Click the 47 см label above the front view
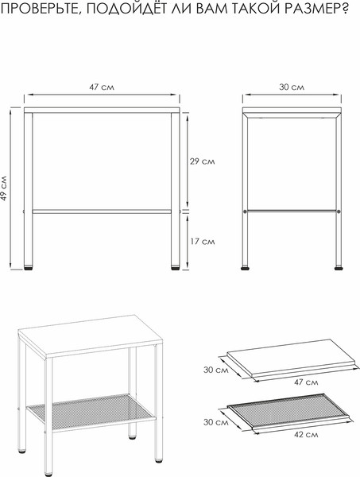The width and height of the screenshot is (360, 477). tap(102, 87)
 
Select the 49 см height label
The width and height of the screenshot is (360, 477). tap(4, 188)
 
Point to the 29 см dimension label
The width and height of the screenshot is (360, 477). tap(203, 161)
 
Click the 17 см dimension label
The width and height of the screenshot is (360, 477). tap(203, 242)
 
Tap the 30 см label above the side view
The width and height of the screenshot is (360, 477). tap(292, 87)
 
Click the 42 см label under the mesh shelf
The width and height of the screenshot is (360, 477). tap(306, 435)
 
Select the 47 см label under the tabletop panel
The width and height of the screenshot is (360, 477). tap(306, 382)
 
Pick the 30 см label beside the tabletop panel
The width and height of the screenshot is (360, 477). tap(216, 370)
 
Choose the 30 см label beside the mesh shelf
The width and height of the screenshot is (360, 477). tap(216, 422)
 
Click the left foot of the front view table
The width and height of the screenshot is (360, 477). tap(29, 268)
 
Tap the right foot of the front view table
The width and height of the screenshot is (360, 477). tap(175, 268)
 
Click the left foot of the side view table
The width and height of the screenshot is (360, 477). tap(245, 268)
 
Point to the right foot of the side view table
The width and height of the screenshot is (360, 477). tap(339, 268)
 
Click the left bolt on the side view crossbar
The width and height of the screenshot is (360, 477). tap(245, 211)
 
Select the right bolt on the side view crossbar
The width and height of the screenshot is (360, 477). tap(339, 211)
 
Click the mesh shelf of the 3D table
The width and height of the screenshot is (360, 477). tap(91, 412)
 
